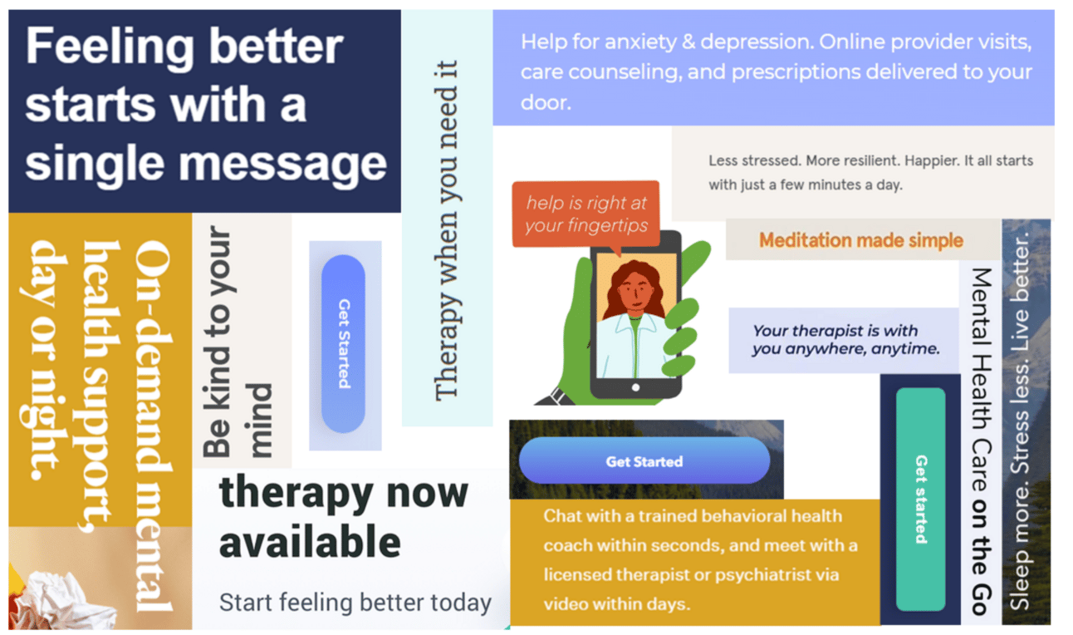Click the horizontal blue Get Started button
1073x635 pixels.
point(644,460)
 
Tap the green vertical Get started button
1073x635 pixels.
point(920,499)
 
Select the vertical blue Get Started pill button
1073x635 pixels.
point(343,343)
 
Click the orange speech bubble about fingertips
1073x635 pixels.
point(585,214)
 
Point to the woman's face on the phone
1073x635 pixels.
point(635,293)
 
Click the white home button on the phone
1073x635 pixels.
point(635,387)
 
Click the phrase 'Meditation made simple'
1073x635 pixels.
point(860,240)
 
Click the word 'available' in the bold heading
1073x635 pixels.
point(310,543)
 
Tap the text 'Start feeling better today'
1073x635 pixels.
point(355,603)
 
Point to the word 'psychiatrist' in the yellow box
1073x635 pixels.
point(794,574)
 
